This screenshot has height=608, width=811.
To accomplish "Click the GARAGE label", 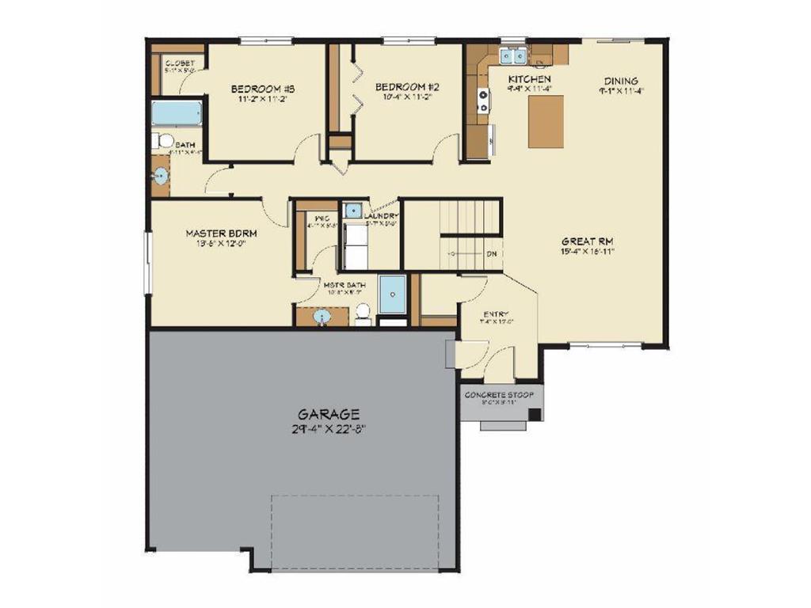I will (x=329, y=413).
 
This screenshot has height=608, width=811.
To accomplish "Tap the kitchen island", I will (x=546, y=120).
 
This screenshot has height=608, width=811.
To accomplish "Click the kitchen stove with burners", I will (x=482, y=101).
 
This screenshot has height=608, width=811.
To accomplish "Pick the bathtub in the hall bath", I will (x=177, y=112).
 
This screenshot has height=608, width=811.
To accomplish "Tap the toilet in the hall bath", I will (x=164, y=141).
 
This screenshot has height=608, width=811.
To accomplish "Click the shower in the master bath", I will (x=391, y=294).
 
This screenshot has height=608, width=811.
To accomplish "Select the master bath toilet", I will (x=364, y=314).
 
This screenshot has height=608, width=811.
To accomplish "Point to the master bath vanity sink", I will (x=322, y=317).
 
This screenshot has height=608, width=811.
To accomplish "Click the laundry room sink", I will (x=352, y=211).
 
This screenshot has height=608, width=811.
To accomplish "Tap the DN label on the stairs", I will (x=491, y=254).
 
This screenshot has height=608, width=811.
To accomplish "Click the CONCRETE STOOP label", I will (x=499, y=394).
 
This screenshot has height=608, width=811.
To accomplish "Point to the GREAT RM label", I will (x=588, y=241).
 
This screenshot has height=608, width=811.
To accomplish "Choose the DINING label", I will (x=621, y=81).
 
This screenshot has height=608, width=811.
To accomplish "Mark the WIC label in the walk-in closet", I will (x=322, y=217).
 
